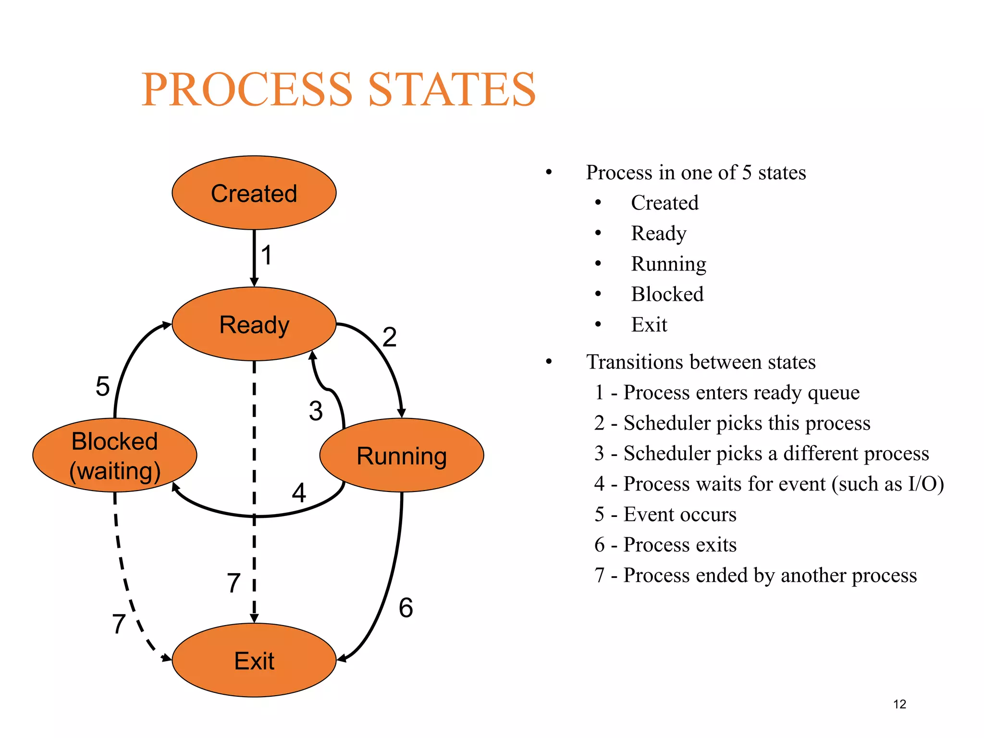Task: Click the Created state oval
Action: tap(254, 193)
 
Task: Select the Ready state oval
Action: tap(254, 324)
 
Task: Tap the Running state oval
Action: tap(402, 455)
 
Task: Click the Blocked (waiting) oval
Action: tap(114, 455)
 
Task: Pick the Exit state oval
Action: tap(254, 660)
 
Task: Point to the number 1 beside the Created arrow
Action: tap(267, 255)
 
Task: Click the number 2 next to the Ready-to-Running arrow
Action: tap(390, 337)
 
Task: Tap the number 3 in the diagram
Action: tap(316, 411)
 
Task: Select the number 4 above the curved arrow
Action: tap(299, 493)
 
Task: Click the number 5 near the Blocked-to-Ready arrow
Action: tap(102, 386)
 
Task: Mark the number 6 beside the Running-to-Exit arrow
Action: tap(406, 608)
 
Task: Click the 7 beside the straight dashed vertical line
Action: tap(234, 583)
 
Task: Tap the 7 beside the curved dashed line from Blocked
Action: tap(119, 624)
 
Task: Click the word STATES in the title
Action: tap(452, 90)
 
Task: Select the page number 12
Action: tap(899, 704)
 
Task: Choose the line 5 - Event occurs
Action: tap(665, 515)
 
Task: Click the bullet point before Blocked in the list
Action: tap(598, 294)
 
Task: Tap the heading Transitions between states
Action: tap(701, 362)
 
